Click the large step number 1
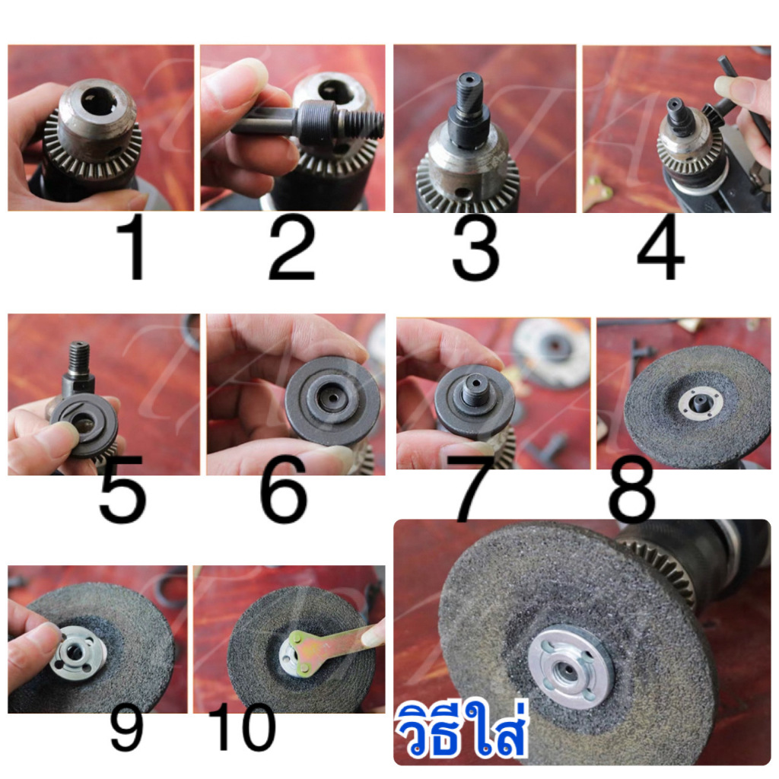point(132,249)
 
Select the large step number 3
point(475,249)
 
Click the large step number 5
point(122,488)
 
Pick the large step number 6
point(284,488)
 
